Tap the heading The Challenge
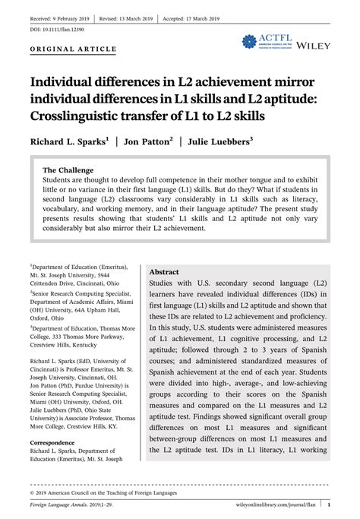click(68, 169)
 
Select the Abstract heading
click(164, 271)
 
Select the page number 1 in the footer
click(329, 502)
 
